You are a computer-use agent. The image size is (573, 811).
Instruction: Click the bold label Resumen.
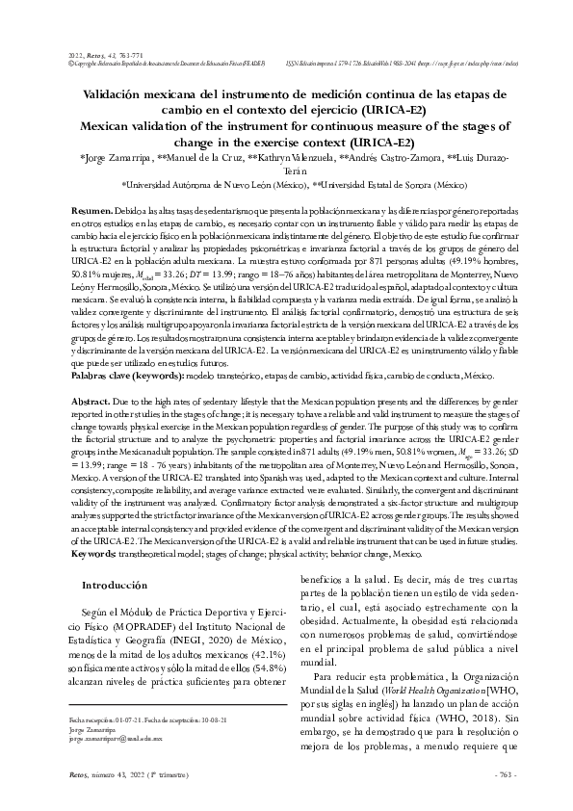(x=93, y=210)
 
